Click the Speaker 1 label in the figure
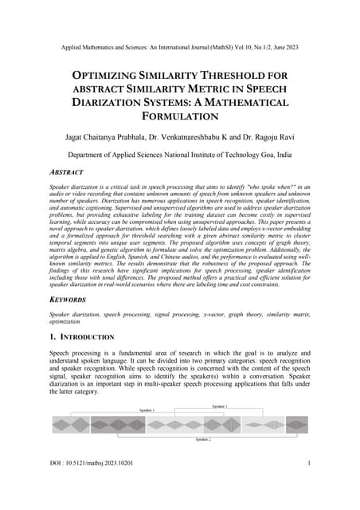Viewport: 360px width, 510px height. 147,410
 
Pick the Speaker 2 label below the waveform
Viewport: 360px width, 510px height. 203,439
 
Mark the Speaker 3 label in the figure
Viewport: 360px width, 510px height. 220,406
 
